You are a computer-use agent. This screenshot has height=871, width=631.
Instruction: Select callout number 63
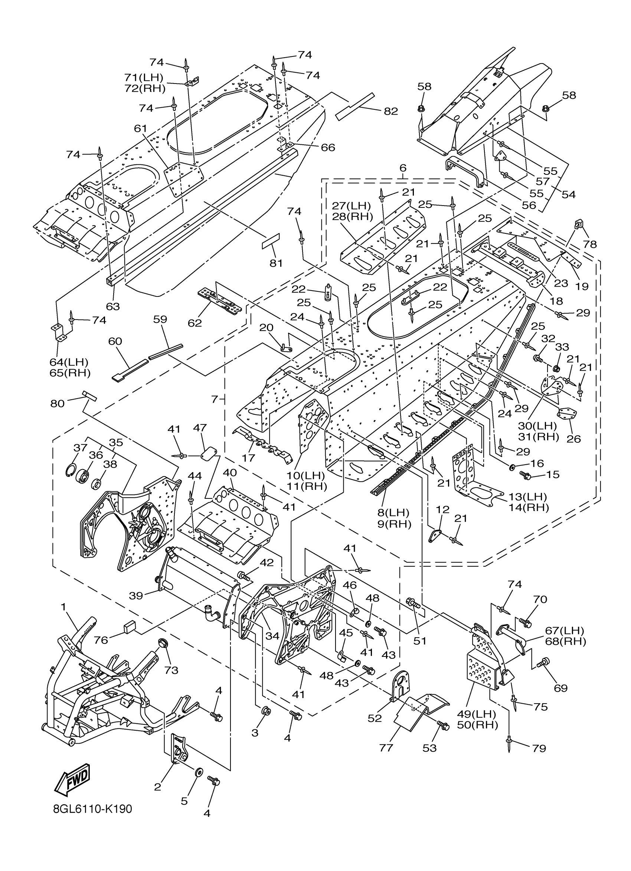[113, 306]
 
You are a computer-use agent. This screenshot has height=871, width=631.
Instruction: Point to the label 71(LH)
[144, 77]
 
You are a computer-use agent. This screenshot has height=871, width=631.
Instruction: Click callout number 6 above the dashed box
[402, 168]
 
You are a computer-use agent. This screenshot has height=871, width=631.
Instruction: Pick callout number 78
[590, 244]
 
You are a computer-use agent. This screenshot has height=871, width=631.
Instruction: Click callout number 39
[136, 596]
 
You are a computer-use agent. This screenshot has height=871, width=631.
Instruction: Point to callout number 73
[171, 670]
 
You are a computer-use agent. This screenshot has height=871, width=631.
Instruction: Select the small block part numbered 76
[130, 628]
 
